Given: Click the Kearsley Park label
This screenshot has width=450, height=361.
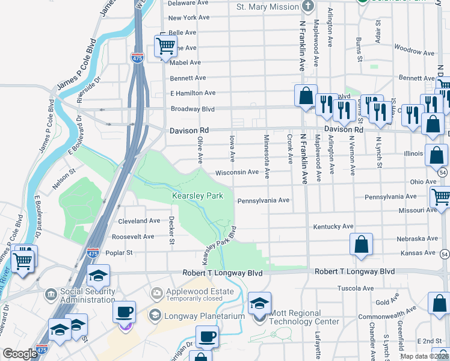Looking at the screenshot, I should tap(197, 196).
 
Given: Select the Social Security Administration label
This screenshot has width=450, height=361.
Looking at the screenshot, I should tap(79, 296).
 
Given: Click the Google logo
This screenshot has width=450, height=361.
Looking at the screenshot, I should tap(20, 354).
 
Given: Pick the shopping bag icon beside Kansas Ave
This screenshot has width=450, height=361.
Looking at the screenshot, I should tap(361, 245).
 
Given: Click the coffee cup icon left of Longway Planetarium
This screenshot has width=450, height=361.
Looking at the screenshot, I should tap(125, 312).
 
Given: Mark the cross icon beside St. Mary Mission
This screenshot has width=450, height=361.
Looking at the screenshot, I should tap(308, 7).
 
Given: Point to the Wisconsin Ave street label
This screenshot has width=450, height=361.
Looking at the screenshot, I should tap(237, 172).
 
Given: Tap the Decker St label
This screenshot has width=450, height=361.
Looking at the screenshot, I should tap(171, 230).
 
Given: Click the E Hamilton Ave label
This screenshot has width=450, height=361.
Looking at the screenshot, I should tap(193, 93).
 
